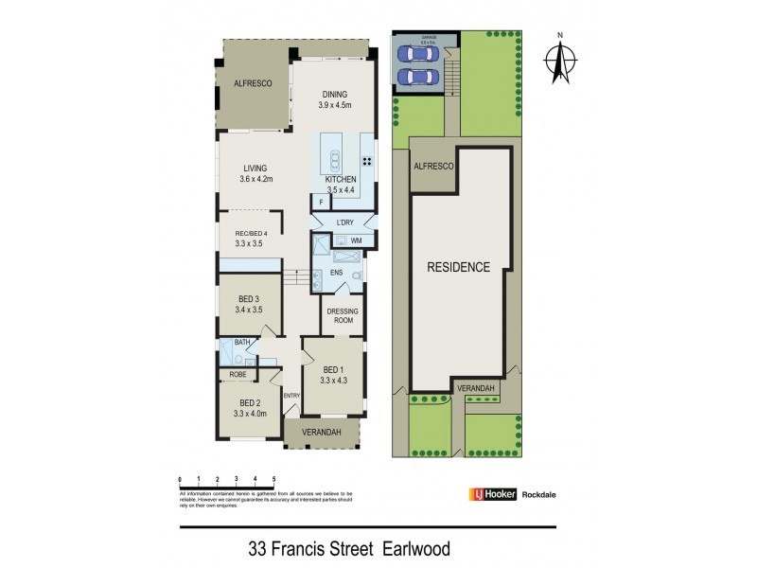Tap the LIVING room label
pos(255,169)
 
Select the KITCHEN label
pos(341,179)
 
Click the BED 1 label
pos(334,369)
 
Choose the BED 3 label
pos(250,299)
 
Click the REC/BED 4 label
pos(252,233)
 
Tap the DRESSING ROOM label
pos(341,316)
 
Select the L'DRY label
pos(344,222)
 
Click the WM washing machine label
pos(356,241)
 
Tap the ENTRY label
pos(290,395)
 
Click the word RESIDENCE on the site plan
pos(458,267)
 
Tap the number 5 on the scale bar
pos(273,479)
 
